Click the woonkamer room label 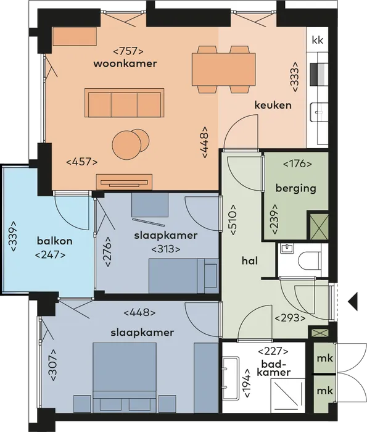coord(125,64)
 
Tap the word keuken coord(273,105)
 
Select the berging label coord(295,189)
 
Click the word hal coord(250,260)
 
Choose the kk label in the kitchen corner coord(318,40)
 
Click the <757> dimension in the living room coord(128,51)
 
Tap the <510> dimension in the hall coord(233,220)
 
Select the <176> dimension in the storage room coord(298,164)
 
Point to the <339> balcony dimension coord(14,236)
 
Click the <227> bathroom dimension coord(273,351)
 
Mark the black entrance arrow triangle coord(353,301)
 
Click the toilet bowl coord(310,260)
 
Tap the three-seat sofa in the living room coord(125,104)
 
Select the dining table coord(223,69)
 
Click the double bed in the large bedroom coord(125,378)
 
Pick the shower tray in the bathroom coord(288,396)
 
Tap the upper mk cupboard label coord(325,358)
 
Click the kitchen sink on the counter coord(320,113)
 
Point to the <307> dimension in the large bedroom coord(53,365)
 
